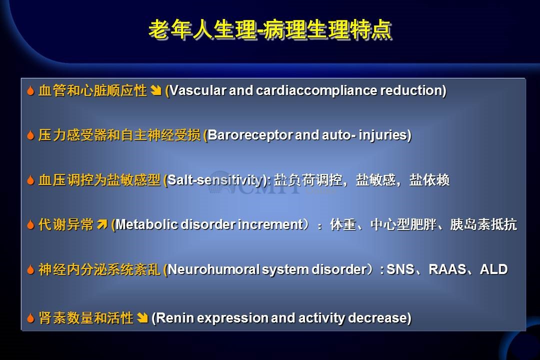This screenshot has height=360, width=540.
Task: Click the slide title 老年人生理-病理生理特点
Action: [x=270, y=29]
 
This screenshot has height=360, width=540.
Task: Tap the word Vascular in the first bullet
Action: [x=198, y=90]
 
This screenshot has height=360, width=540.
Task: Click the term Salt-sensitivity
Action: [x=215, y=180]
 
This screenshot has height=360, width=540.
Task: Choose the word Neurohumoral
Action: [x=213, y=269]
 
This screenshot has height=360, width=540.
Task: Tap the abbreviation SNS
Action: [x=400, y=269]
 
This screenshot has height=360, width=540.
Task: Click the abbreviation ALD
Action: [x=493, y=269]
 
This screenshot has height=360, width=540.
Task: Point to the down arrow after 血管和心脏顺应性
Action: [x=156, y=90]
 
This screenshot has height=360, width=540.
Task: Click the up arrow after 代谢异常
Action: [x=102, y=224]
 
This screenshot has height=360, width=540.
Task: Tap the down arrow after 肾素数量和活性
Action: [x=142, y=317]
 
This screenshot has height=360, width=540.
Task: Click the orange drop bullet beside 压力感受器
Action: [x=30, y=135]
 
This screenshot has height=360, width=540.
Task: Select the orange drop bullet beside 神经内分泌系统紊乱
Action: [x=30, y=269]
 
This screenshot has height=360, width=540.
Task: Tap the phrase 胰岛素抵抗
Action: [x=483, y=224]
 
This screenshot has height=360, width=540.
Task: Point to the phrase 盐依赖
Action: [x=429, y=180]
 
